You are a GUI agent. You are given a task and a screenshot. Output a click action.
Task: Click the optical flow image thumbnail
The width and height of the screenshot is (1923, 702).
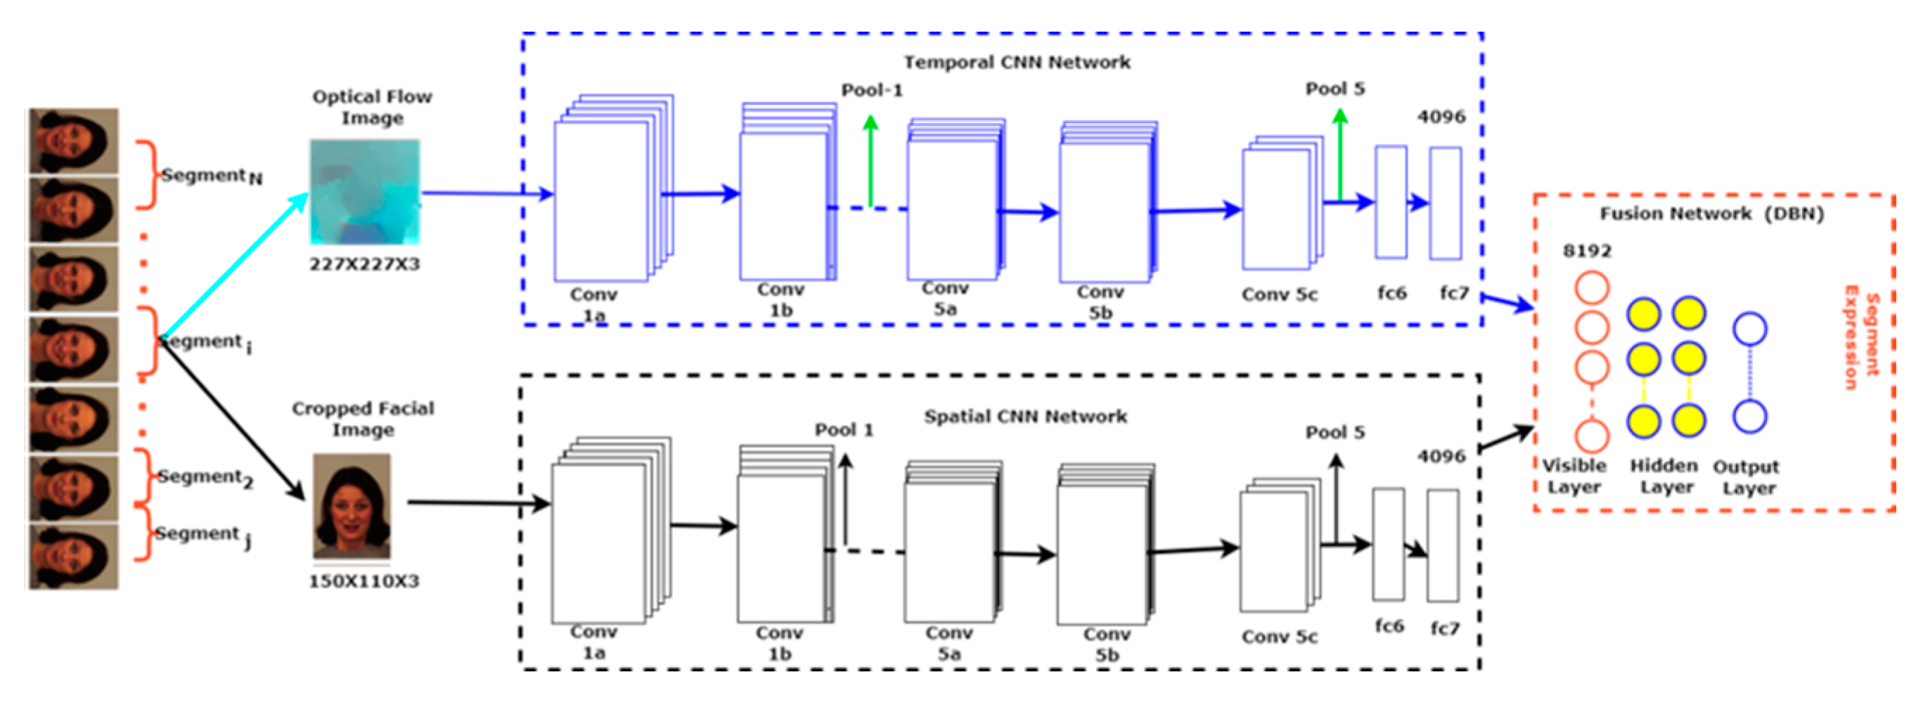(365, 192)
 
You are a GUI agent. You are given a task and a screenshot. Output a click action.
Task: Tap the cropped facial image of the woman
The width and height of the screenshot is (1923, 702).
(352, 506)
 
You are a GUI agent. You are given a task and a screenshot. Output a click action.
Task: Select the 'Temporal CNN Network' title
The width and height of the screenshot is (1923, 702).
(1017, 62)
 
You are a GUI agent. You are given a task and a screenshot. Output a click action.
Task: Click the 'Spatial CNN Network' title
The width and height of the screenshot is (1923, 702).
(1025, 416)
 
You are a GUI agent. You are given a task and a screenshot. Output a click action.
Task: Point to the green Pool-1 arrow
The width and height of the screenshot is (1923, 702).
(870, 160)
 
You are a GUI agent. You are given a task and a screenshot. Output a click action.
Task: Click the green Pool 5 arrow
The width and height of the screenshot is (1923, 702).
(1340, 153)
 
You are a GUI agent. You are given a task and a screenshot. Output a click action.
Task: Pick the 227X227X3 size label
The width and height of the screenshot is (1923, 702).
(364, 264)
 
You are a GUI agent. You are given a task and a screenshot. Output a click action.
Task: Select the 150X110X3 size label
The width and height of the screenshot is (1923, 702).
(364, 581)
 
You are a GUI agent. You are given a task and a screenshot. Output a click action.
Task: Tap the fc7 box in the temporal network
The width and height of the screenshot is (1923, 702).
(1445, 203)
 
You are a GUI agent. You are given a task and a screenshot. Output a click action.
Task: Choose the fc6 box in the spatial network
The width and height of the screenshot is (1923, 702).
(1388, 544)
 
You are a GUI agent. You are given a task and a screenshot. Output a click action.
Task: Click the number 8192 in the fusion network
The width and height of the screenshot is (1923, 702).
(1587, 252)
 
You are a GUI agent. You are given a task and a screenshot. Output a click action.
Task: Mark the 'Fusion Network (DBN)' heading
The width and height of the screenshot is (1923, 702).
(1711, 214)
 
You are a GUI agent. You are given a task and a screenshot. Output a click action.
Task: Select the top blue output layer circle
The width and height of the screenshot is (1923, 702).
(1749, 328)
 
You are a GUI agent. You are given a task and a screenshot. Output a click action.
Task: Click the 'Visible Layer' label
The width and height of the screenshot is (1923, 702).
(1574, 476)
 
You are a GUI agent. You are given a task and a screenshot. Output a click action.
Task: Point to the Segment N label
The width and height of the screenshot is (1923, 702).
(211, 176)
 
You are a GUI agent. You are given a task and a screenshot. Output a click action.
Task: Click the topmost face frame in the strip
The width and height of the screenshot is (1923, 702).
(73, 141)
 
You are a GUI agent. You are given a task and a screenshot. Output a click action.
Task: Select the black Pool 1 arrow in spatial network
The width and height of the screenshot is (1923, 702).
(845, 500)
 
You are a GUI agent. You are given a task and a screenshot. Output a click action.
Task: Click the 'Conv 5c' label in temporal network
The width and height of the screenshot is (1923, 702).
(1279, 294)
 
